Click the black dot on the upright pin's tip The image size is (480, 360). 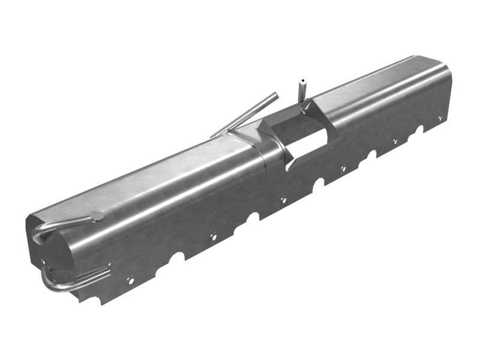(303, 80)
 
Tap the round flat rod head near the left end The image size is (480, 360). (97, 215)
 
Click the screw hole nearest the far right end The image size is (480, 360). (440, 119)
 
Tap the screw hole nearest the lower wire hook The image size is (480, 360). (130, 279)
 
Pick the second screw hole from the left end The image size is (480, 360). (212, 236)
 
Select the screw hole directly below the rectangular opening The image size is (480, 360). (284, 200)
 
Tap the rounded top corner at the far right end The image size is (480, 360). (444, 67)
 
